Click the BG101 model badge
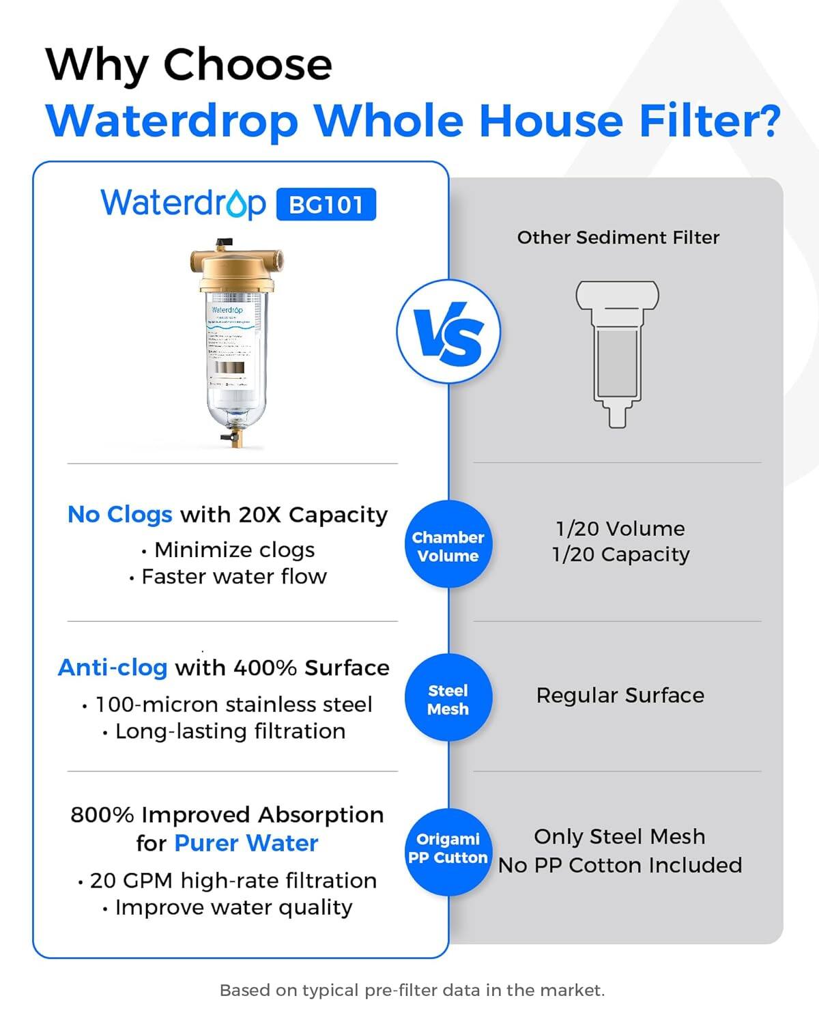click(x=326, y=204)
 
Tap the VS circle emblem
click(x=448, y=331)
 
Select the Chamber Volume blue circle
click(x=448, y=546)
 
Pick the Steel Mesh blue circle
click(x=448, y=699)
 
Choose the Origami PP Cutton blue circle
click(x=448, y=848)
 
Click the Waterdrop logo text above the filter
click(x=183, y=203)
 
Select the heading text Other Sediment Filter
click(x=618, y=238)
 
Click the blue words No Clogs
click(x=119, y=515)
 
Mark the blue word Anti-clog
click(x=113, y=668)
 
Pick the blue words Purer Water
click(x=246, y=843)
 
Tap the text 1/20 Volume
click(x=620, y=528)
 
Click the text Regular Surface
click(x=620, y=695)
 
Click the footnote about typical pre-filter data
click(x=412, y=990)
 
